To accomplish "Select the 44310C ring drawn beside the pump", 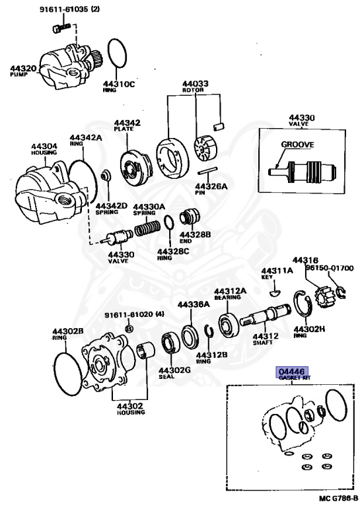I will click(x=117, y=53).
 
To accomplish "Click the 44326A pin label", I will click(x=211, y=187).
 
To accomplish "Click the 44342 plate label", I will click(x=126, y=123).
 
